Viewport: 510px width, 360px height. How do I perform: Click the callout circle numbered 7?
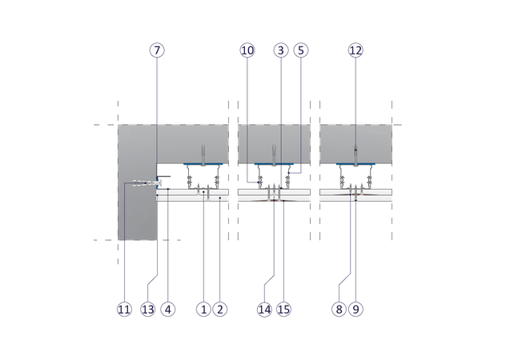157,50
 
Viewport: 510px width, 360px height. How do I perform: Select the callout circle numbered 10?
247,50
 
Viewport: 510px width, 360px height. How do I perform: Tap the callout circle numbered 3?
281,50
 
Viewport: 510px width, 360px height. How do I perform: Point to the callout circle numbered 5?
301,50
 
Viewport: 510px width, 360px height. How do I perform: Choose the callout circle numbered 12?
355,50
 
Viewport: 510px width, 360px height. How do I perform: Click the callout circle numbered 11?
124,310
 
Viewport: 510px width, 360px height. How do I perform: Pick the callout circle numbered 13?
148,310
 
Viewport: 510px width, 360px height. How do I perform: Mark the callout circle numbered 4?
168,310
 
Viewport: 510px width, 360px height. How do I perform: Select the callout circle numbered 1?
203,310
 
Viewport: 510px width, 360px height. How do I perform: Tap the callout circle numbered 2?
220,310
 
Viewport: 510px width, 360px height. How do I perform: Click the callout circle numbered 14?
264,310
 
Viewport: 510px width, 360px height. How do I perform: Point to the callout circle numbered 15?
283,310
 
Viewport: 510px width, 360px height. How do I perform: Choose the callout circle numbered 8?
339,310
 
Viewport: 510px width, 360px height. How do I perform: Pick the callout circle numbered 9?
355,310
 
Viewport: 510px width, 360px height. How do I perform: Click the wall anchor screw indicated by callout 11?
147,183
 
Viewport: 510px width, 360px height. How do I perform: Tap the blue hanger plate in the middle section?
274,164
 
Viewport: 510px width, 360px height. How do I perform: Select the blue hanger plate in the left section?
203,164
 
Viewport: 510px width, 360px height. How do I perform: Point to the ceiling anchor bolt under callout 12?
355,155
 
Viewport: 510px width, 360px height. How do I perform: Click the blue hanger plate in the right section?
355,164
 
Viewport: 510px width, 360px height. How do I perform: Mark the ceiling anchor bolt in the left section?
203,155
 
